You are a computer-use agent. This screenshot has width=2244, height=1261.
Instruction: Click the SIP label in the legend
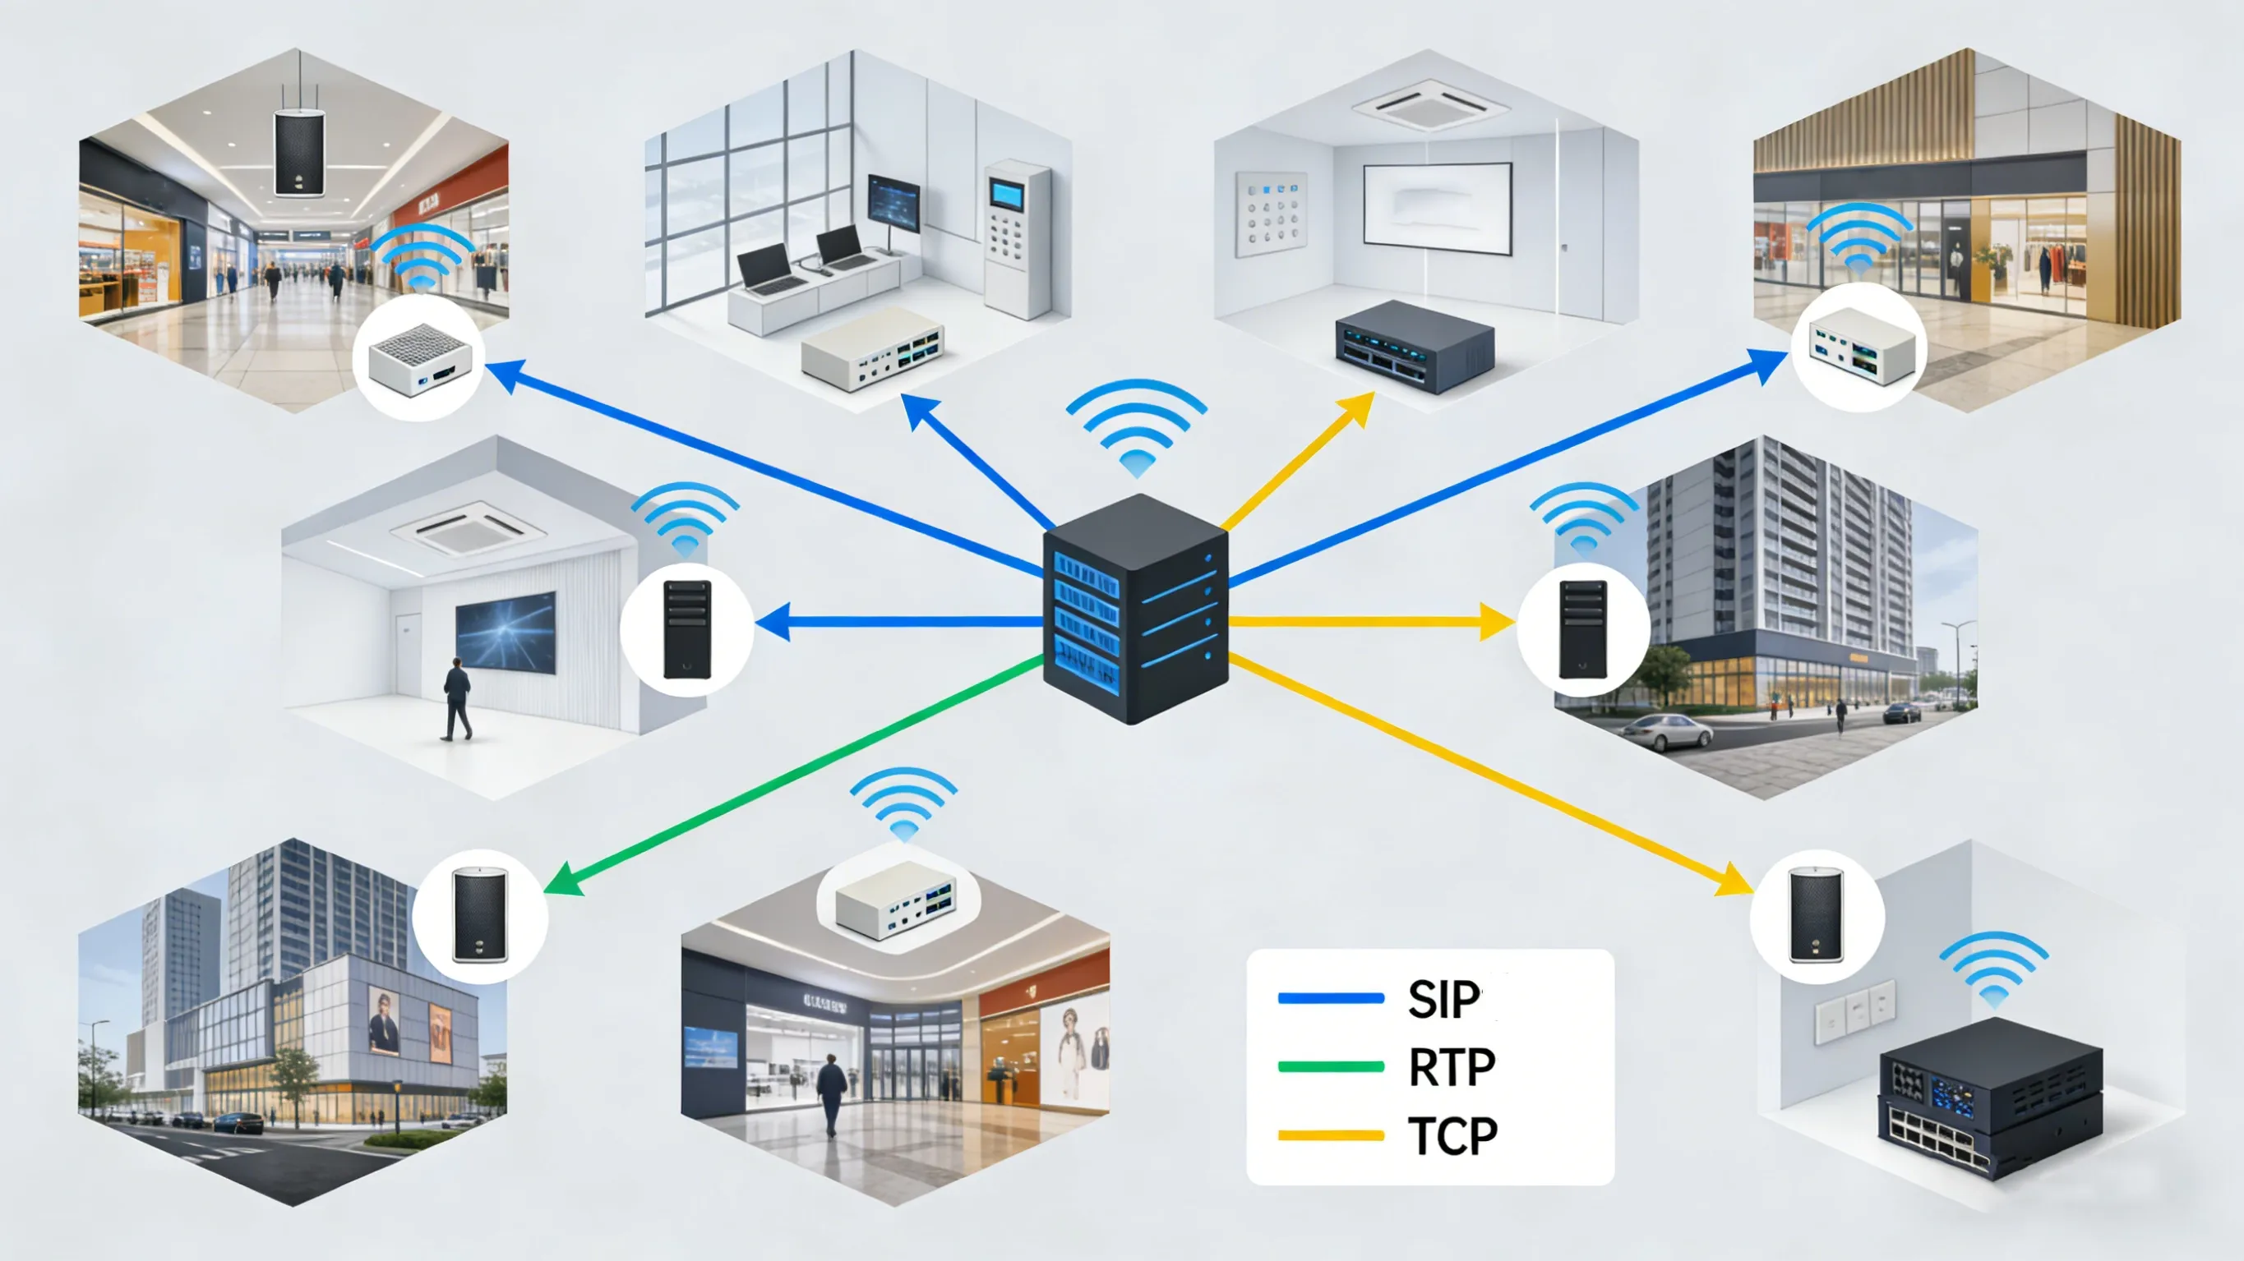click(1443, 999)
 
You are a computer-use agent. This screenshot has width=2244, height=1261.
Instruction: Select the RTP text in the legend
click(1452, 1067)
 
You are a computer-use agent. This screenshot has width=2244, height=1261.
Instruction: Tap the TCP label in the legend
click(1452, 1135)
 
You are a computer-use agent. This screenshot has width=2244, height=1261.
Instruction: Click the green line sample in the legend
click(1330, 1067)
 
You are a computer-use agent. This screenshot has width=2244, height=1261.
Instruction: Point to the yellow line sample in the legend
click(1330, 1135)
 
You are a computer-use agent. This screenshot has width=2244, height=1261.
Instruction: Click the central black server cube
click(1135, 610)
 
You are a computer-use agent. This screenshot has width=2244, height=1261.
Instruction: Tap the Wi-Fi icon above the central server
click(1136, 426)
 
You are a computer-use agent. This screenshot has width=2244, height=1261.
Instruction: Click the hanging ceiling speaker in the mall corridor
click(300, 154)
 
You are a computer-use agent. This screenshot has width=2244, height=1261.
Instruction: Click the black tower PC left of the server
click(687, 628)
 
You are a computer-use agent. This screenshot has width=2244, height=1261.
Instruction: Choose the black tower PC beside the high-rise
click(1582, 628)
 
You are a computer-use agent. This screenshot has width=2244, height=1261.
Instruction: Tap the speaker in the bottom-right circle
click(1816, 915)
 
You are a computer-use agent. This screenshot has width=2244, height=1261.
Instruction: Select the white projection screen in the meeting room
click(1437, 208)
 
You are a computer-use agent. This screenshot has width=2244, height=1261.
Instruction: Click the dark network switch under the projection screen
click(1414, 346)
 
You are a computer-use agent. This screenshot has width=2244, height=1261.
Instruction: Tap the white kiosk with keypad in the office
click(1015, 237)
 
